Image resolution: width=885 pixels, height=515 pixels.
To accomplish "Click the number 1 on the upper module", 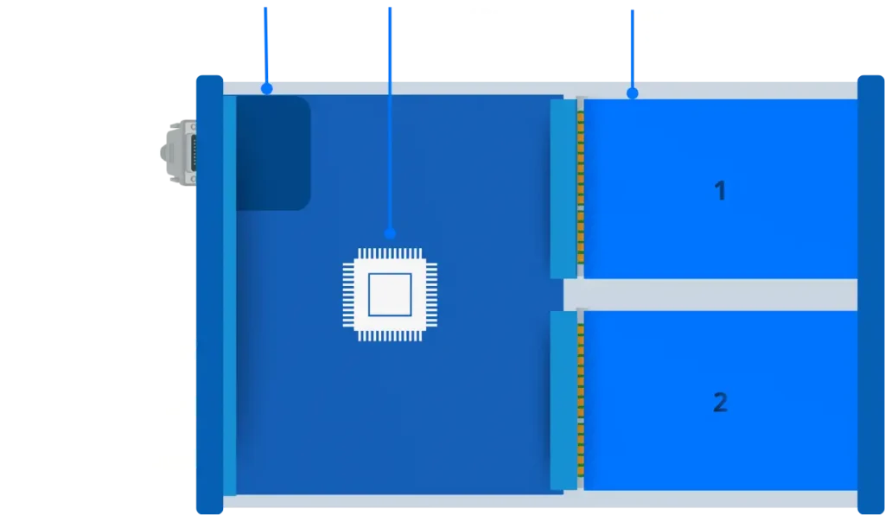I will (720, 191).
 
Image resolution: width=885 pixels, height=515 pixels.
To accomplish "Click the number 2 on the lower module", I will (720, 402).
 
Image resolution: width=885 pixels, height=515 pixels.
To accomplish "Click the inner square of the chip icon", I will (390, 295).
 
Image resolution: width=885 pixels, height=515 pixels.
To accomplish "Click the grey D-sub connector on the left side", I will (179, 152).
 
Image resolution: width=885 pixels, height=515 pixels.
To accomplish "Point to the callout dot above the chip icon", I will (390, 233).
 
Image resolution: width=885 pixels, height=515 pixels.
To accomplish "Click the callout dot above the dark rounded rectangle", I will (266, 88).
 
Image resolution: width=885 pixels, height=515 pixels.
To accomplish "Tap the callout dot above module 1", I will (632, 92).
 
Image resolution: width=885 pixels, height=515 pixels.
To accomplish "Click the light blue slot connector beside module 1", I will (563, 188).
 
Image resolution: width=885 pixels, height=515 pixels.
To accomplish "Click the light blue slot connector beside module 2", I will (563, 400).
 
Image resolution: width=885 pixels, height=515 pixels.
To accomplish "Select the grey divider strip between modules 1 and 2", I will (709, 295).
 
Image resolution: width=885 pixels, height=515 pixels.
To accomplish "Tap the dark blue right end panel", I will (870, 294).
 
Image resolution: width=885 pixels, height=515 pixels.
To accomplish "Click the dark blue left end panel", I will (208, 294).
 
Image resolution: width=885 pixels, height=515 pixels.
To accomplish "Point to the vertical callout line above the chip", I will (390, 130).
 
